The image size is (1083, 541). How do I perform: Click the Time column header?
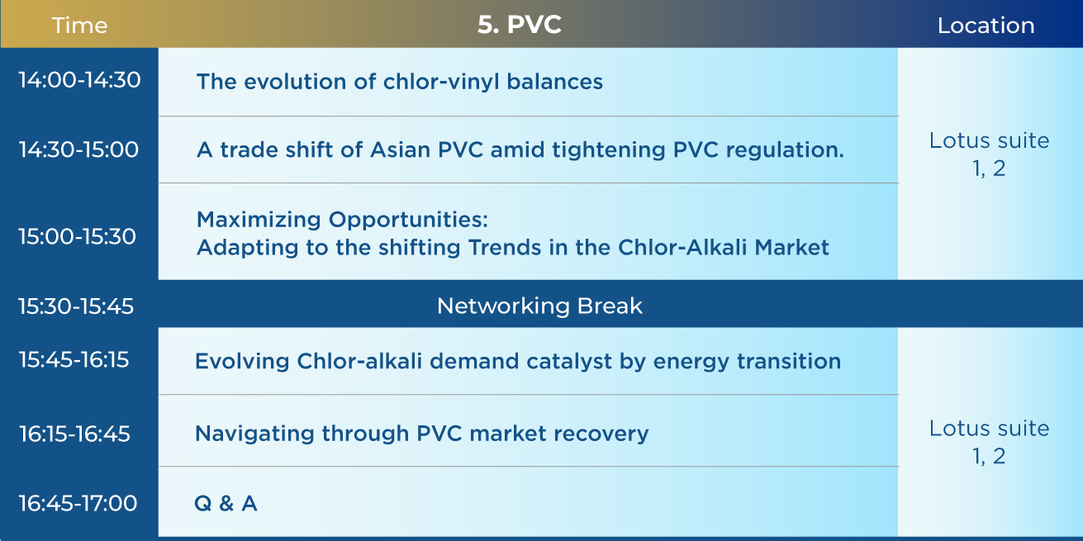click(x=79, y=25)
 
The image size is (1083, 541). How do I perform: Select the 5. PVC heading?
click(x=520, y=25)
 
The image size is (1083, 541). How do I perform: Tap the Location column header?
click(x=986, y=25)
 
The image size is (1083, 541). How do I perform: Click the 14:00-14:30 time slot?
click(x=79, y=80)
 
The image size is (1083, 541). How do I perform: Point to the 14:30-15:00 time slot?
click(x=78, y=149)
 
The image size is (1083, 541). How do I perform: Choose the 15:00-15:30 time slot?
click(x=78, y=236)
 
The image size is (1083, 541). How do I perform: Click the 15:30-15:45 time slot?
click(x=76, y=306)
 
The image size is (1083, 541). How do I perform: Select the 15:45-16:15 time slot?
click(x=74, y=359)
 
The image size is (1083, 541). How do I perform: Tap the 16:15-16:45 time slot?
click(x=74, y=434)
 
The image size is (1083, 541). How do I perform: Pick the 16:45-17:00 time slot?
click(x=78, y=503)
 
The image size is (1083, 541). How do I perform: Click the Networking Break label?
click(x=539, y=306)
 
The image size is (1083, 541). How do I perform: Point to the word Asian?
click(x=400, y=149)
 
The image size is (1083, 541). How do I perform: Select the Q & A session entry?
click(x=226, y=504)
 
